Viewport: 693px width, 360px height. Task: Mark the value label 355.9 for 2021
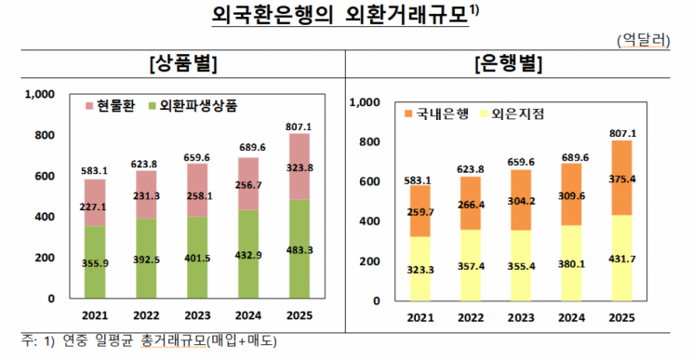[96, 263]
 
